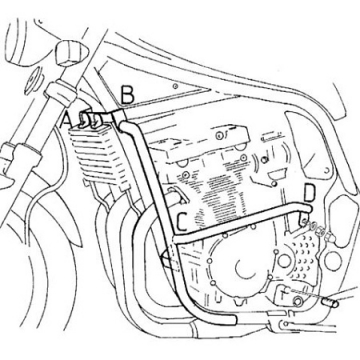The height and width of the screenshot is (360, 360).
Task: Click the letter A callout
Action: [66, 122]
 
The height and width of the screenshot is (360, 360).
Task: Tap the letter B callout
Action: [128, 95]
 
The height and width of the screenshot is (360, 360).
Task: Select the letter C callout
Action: [183, 223]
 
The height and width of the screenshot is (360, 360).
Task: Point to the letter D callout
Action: [309, 194]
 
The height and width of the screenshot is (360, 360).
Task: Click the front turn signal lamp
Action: [70, 52]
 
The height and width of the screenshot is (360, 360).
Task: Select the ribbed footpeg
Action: [330, 304]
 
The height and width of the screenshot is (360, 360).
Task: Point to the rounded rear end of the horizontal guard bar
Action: [309, 209]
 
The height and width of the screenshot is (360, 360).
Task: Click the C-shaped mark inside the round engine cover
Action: [244, 267]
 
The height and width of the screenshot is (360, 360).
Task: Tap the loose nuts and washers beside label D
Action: [319, 230]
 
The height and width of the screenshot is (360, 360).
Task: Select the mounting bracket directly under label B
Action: [115, 118]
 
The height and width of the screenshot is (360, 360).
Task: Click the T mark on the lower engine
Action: [283, 294]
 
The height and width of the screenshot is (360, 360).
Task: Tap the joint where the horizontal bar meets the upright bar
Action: [176, 241]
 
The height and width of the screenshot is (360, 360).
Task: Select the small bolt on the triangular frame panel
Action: [175, 86]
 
